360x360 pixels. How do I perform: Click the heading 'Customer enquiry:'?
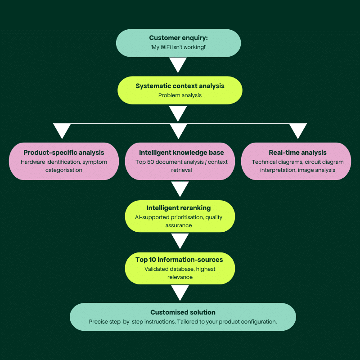coord(178,38)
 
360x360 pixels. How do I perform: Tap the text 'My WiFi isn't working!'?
coord(178,48)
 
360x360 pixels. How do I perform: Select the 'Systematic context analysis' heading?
coord(180,85)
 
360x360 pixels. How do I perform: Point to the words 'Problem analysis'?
coord(180,95)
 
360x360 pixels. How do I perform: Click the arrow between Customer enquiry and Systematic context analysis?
coord(179,64)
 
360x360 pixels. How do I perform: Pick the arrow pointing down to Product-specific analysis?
coord(62,130)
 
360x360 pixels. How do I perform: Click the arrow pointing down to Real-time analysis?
coord(297,130)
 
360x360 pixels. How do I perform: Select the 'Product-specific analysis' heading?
coord(64,153)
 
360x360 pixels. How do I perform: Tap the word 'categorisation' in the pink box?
coord(64,170)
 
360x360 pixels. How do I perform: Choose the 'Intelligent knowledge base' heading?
coord(181,153)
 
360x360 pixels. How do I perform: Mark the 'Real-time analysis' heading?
coord(297,153)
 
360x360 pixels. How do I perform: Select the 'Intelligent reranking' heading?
coord(179,208)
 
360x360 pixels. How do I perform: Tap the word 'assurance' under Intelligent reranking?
coord(179,225)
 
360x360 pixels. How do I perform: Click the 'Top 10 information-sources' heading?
coord(179,260)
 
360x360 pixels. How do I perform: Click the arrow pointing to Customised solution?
coord(180,292)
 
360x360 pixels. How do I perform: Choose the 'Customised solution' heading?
coord(183,312)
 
